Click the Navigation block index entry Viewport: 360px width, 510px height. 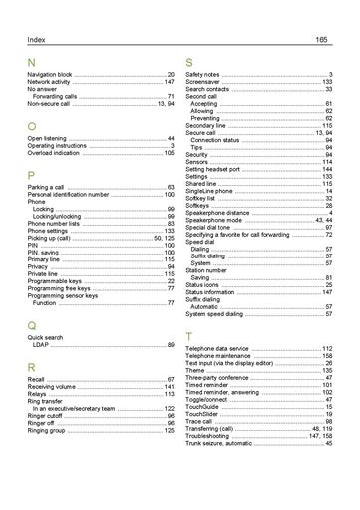[50, 75]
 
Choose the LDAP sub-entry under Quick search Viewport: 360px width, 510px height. [41, 345]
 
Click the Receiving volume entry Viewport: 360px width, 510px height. [52, 387]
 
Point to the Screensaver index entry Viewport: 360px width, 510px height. [203, 82]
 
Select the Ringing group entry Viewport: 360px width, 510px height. [46, 430]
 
